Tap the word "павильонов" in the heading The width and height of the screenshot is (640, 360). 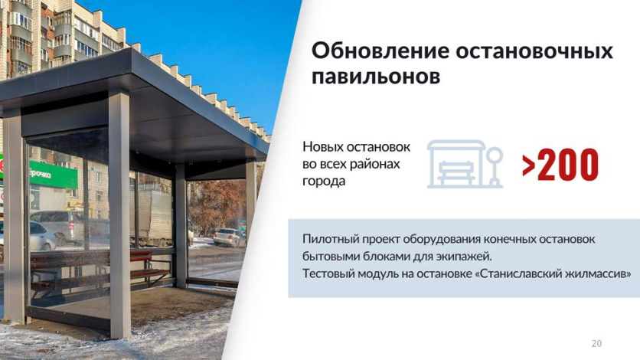pyautogui.click(x=376, y=77)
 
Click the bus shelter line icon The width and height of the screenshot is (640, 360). pyautogui.click(x=465, y=164)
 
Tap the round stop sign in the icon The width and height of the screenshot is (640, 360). pyautogui.click(x=495, y=155)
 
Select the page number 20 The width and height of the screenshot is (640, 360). pyautogui.click(x=596, y=343)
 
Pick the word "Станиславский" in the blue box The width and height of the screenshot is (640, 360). pyautogui.click(x=521, y=273)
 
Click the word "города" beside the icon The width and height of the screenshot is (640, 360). pyautogui.click(x=324, y=182)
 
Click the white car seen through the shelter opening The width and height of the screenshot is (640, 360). pyautogui.click(x=230, y=237)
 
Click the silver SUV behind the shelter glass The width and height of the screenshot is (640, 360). pyautogui.click(x=61, y=227)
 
